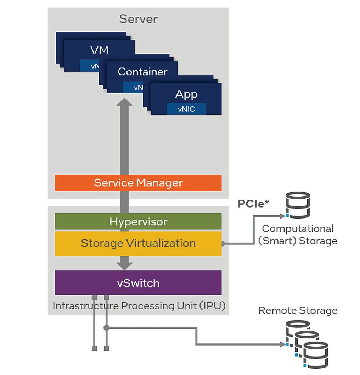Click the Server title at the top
tap(138, 19)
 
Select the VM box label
tap(100, 50)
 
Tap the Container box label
tap(142, 72)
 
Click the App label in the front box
tap(186, 94)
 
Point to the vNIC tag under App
tap(186, 109)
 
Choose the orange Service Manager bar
tap(138, 183)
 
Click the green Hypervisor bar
tap(138, 221)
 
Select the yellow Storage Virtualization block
tap(138, 243)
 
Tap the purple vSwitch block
tap(138, 283)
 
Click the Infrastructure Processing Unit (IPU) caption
tap(139, 306)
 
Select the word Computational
tap(298, 229)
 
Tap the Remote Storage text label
tap(298, 311)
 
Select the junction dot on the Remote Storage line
tap(107, 328)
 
